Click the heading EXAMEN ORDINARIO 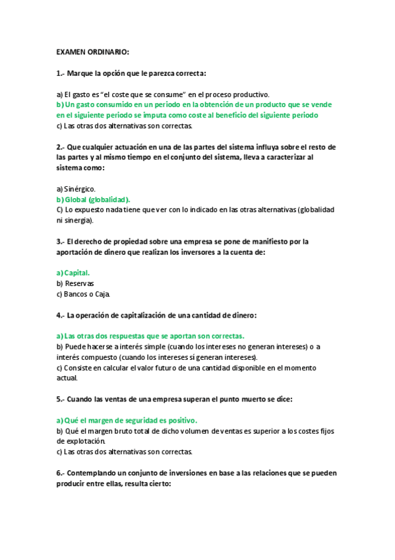tap(92, 52)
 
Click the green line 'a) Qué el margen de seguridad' tap(127, 420)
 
